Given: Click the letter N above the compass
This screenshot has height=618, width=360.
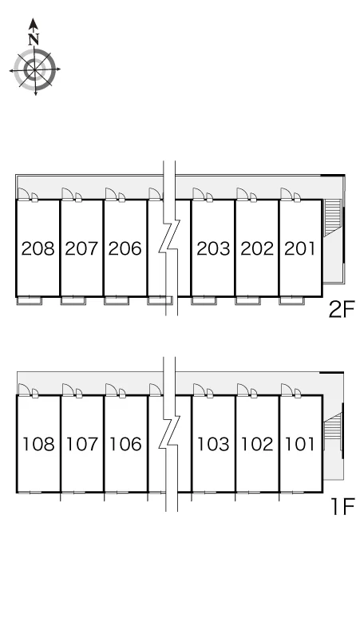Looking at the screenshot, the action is point(34,39).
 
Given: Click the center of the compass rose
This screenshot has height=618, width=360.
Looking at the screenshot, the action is point(34,69).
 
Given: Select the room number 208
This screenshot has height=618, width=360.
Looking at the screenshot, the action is point(38,248).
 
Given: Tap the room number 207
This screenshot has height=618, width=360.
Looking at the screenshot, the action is point(81,248).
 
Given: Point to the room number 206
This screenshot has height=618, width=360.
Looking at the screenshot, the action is point(125,248).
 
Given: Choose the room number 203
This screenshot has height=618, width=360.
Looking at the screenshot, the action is point(213,248).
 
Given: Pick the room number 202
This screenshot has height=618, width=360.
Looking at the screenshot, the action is point(257,248).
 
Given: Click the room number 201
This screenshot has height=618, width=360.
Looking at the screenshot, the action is point(300,248).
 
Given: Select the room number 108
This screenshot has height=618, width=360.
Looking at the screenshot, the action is point(38,444).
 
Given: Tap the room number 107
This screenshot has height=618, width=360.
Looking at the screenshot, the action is point(82,444).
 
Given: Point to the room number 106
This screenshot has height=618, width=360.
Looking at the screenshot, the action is point(125,444).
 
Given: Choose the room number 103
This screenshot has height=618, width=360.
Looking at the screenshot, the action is point(213,444).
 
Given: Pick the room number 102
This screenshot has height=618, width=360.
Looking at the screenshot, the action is point(257,444).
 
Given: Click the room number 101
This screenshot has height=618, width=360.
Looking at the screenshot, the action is point(300,444).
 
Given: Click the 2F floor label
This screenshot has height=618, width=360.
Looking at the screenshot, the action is point(342,309).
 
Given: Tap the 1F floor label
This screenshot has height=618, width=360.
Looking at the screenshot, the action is point(343,506).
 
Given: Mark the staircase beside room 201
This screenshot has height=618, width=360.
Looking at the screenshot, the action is point(332,217).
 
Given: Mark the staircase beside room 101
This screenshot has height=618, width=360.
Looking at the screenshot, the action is point(332,431).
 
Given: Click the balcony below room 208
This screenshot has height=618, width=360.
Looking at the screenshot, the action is point(30,301).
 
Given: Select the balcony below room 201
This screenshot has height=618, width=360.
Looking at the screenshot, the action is point(292,301).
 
